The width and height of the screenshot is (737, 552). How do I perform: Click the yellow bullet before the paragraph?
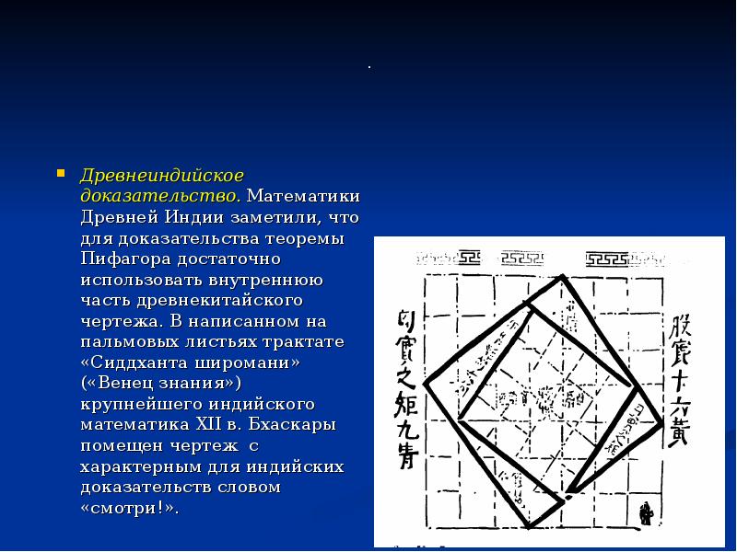[x=60, y=172]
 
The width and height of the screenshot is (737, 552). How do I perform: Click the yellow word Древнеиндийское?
[x=162, y=175]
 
